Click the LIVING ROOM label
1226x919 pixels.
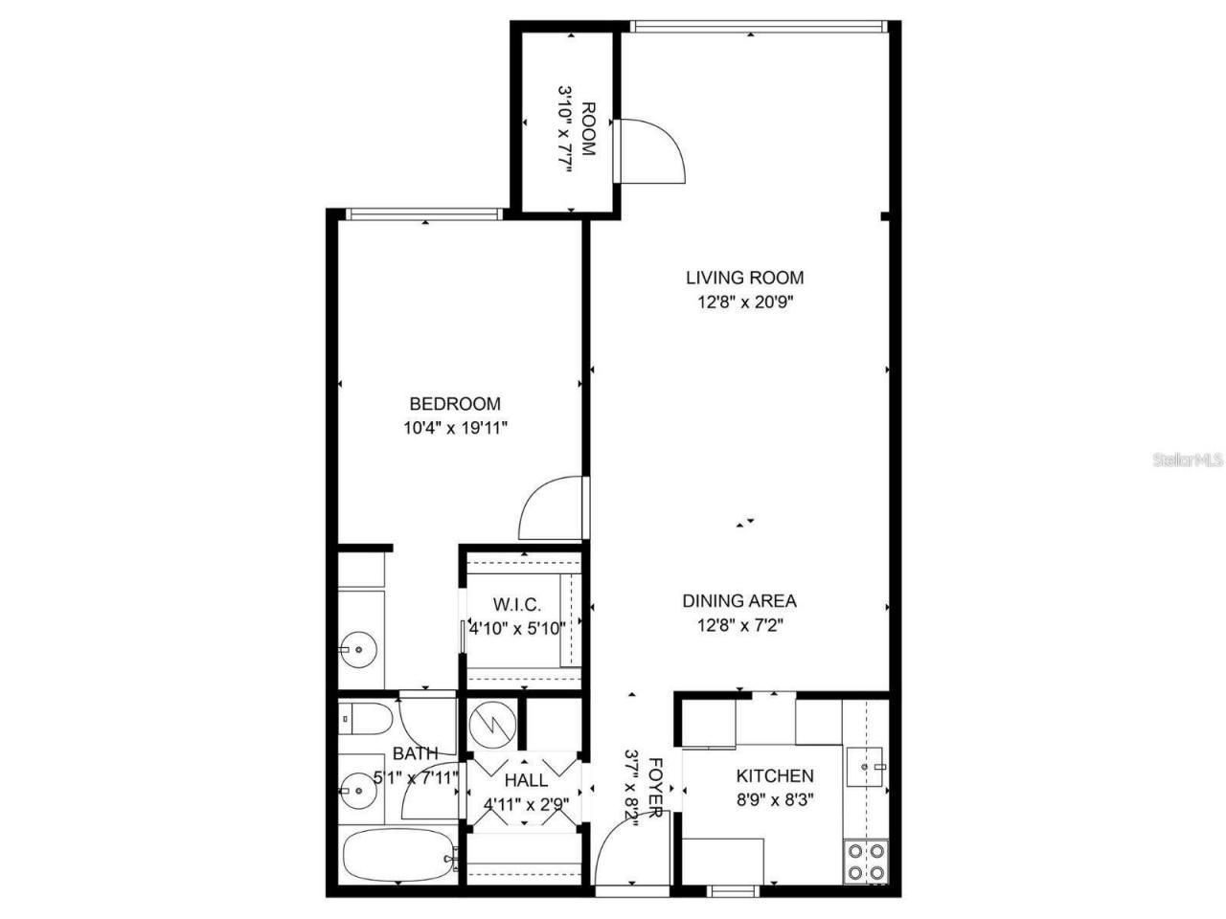tap(744, 278)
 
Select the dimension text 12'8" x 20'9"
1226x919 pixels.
tap(744, 303)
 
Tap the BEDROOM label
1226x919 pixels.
tap(455, 404)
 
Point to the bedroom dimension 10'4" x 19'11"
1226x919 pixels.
tap(455, 429)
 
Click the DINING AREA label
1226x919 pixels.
tap(739, 601)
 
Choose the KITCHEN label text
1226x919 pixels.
tap(775, 775)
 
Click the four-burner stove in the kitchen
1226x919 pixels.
tap(865, 860)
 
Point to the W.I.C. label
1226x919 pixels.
tap(517, 605)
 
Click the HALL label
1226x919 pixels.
tap(526, 780)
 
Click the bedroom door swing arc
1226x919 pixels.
tap(550, 509)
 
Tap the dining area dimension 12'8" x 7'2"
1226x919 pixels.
tap(739, 626)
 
